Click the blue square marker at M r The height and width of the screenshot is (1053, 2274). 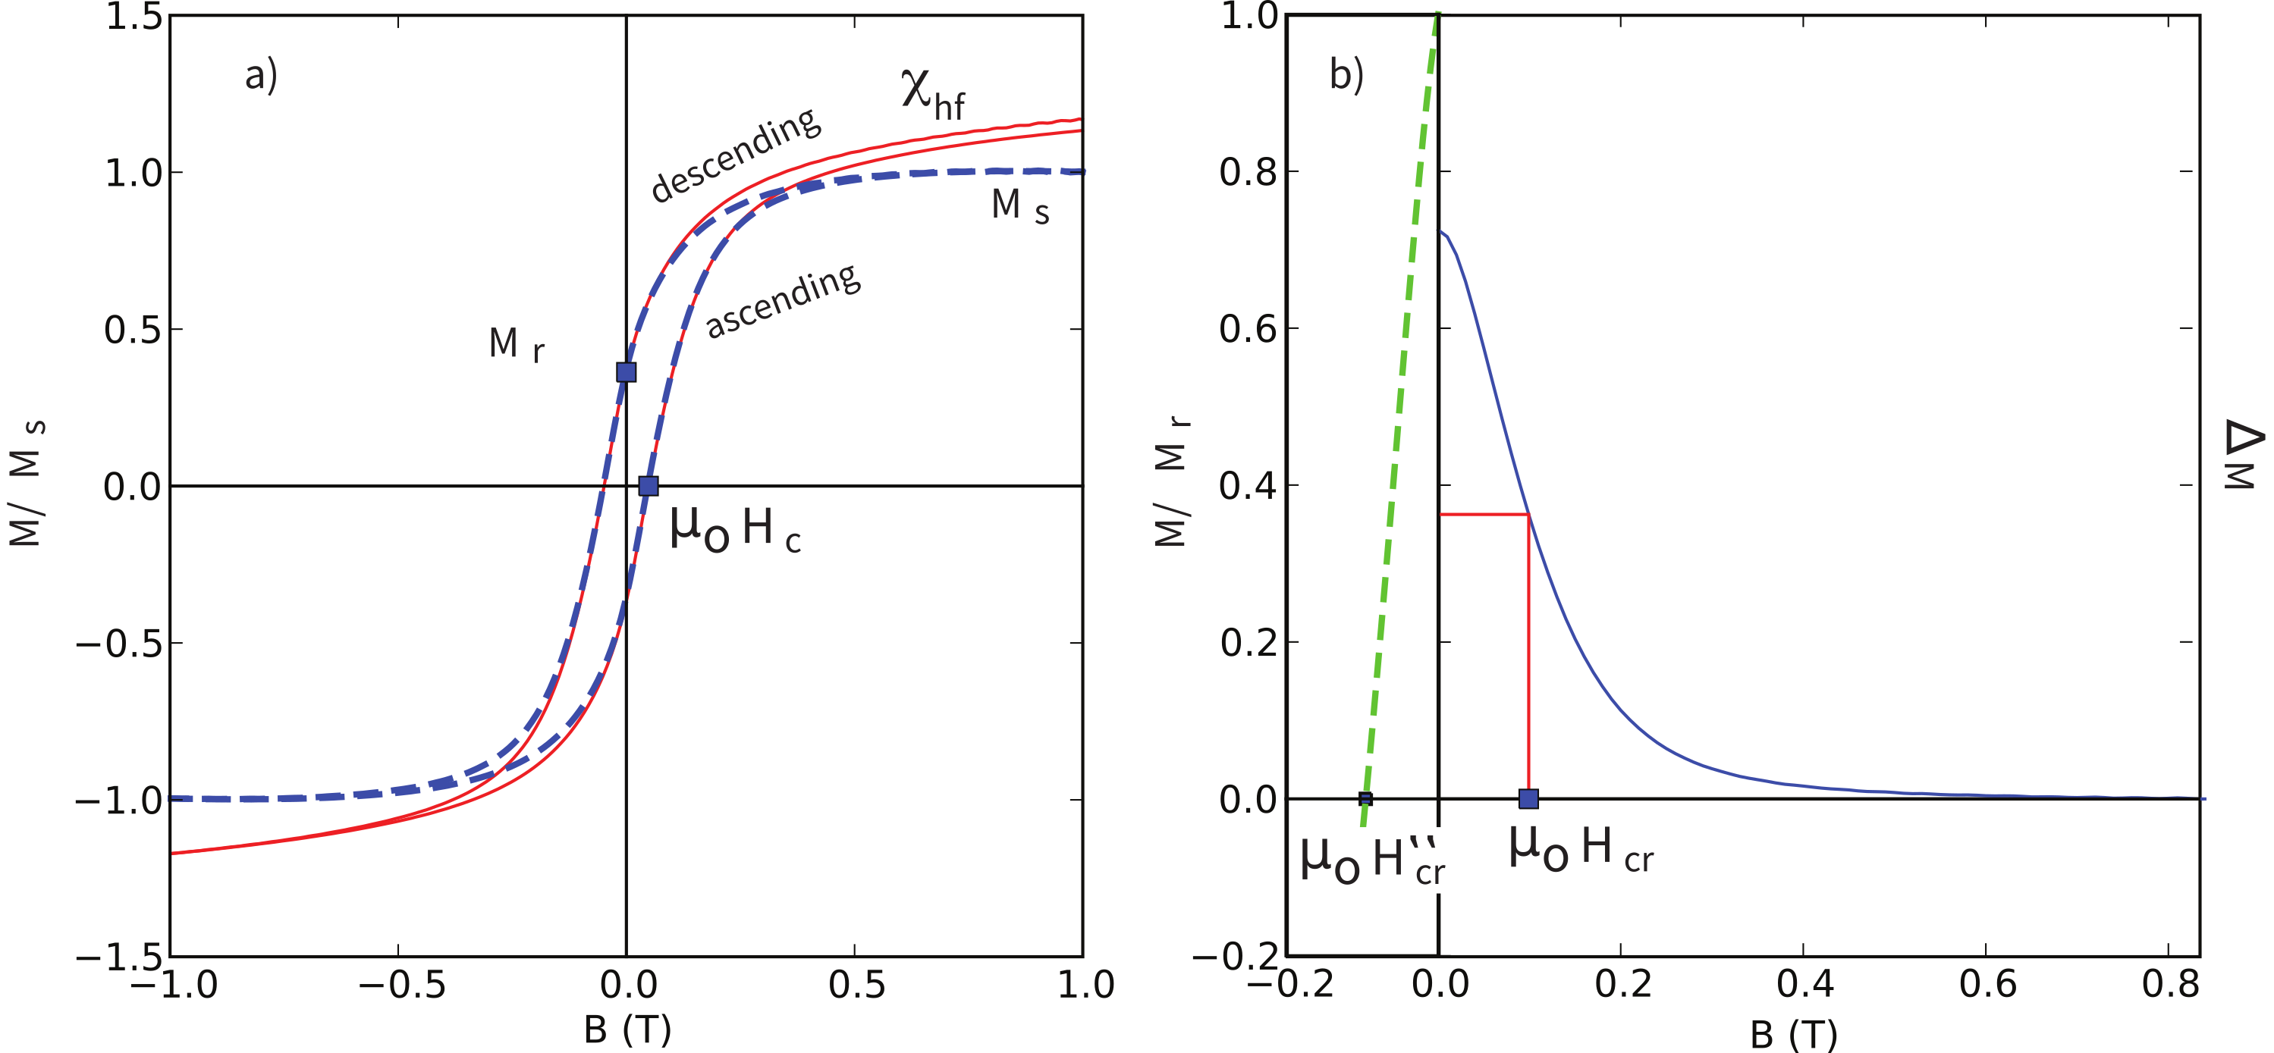point(626,371)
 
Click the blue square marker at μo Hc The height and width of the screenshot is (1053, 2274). point(649,485)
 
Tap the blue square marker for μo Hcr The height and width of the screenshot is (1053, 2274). point(1529,799)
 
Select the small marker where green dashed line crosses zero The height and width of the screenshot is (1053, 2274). point(1365,800)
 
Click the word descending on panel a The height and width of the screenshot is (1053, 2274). point(735,155)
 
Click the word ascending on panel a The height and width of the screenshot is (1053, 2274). point(782,301)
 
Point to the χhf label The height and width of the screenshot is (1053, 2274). point(932,96)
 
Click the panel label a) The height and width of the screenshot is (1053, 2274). point(261,75)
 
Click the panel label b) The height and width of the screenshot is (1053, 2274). point(1346,75)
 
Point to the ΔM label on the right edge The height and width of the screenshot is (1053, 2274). point(2242,455)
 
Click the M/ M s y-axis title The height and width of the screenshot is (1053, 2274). point(27,484)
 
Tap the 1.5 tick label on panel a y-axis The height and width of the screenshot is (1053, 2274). point(133,17)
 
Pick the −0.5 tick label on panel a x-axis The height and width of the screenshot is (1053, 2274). point(402,985)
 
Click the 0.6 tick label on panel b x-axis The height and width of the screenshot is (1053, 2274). point(1987,985)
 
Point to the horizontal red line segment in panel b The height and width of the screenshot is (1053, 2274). point(1484,514)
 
